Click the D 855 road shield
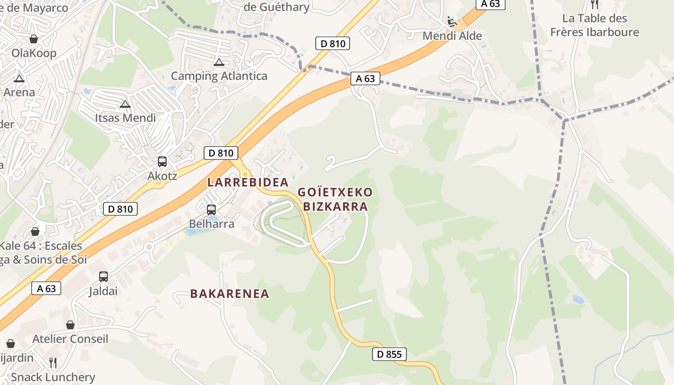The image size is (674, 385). click(389, 355)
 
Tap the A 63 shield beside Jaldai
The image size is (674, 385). click(46, 288)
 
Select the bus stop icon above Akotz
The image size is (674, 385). click(162, 162)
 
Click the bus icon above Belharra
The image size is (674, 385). click(211, 210)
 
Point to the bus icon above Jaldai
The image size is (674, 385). click(104, 277)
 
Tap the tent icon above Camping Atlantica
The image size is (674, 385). click(219, 62)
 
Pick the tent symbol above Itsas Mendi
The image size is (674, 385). click(125, 104)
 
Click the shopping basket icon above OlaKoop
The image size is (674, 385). click(34, 39)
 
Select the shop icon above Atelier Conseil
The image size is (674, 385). click(70, 325)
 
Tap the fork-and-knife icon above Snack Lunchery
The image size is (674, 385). click(53, 362)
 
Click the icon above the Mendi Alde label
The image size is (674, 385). click(452, 21)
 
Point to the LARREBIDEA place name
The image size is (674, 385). click(248, 182)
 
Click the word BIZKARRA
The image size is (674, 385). click(336, 207)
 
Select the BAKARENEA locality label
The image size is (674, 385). click(230, 294)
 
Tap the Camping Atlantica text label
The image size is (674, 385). click(219, 76)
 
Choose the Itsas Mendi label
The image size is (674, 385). click(125, 118)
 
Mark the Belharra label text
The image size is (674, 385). click(211, 224)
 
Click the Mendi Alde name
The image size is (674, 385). click(452, 36)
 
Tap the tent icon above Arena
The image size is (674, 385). click(19, 78)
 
